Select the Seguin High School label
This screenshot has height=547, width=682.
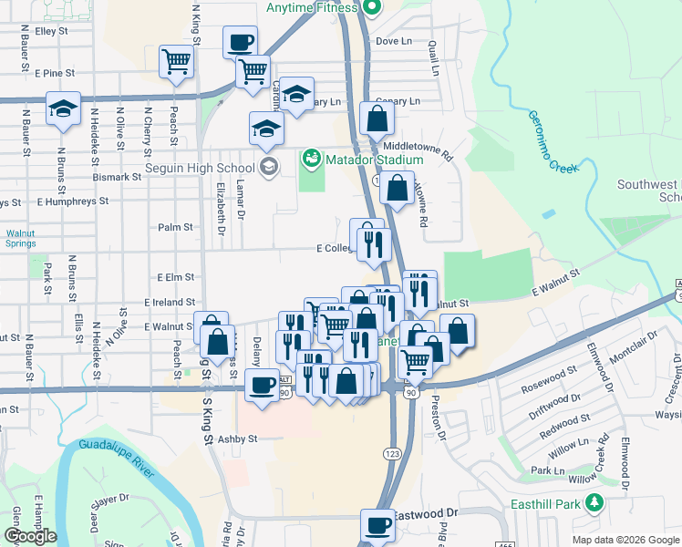pyautogui.click(x=200, y=168)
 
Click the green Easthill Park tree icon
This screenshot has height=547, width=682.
pyautogui.click(x=595, y=502)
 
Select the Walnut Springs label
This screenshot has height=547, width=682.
pyautogui.click(x=20, y=239)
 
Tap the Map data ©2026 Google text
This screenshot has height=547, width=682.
pyautogui.click(x=625, y=539)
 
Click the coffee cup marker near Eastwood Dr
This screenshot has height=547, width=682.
pyautogui.click(x=377, y=524)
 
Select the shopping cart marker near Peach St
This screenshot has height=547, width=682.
pyautogui.click(x=175, y=62)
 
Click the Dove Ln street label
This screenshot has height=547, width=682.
pyautogui.click(x=394, y=41)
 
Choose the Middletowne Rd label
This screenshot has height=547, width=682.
pyautogui.click(x=418, y=146)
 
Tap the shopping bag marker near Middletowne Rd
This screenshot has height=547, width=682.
pyautogui.click(x=377, y=118)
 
